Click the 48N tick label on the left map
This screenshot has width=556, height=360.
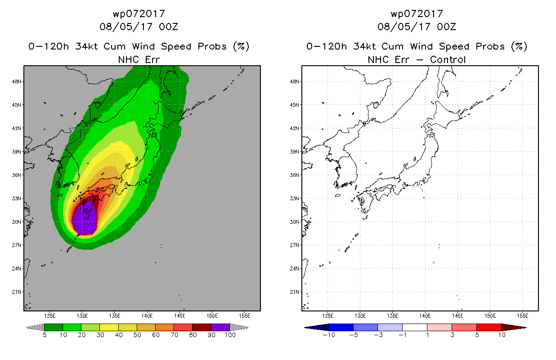tap(17, 81)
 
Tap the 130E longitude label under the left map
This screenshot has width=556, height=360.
tap(82, 316)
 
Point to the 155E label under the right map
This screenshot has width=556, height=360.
tap(523, 316)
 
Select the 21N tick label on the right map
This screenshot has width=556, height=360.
tap(295, 292)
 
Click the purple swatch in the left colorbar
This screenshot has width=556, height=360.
tap(220, 327)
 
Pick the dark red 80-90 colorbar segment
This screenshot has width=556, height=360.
tap(202, 327)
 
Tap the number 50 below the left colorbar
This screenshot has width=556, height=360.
tap(137, 335)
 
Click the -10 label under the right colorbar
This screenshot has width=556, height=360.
tap(329, 335)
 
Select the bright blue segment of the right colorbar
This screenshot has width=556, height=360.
tap(341, 327)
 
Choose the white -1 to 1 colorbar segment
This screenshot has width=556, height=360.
tap(414, 327)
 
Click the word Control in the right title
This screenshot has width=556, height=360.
tap(448, 60)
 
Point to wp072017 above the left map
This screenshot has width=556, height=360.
tap(139, 13)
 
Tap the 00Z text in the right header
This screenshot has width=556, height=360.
tap(447, 27)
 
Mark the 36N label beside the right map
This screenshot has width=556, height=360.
tap(295, 175)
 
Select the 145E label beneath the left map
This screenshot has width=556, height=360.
tap(179, 316)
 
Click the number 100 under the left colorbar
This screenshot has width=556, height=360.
tap(230, 335)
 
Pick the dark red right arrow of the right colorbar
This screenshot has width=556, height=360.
tap(514, 327)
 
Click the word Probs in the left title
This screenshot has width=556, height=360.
tap(212, 46)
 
